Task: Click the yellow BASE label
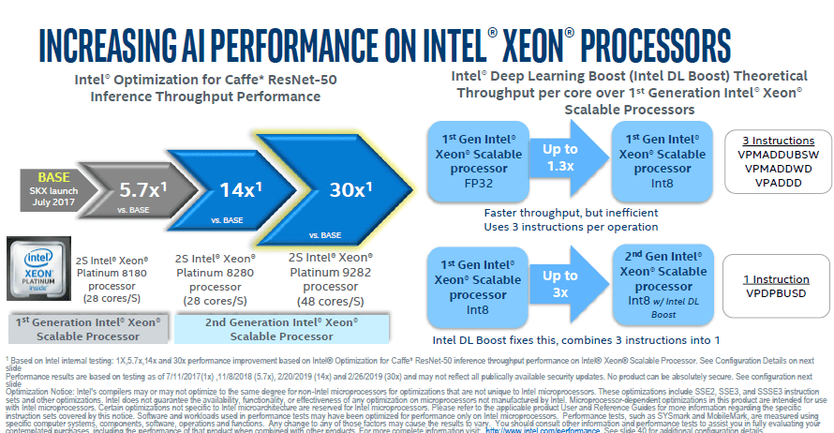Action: point(54,177)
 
